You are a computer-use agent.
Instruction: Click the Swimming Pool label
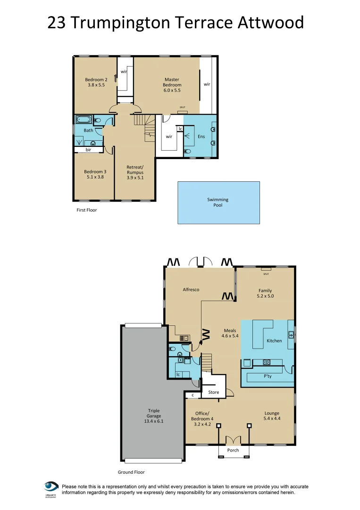(x=218, y=203)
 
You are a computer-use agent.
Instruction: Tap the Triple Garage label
(x=154, y=414)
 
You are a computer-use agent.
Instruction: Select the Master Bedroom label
(x=172, y=83)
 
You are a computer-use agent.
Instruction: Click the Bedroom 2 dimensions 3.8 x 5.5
(x=96, y=85)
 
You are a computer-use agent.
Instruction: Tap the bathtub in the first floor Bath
(x=84, y=120)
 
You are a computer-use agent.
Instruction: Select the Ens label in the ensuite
(x=201, y=136)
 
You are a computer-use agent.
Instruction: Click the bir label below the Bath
(x=88, y=150)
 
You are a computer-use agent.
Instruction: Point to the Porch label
(x=233, y=450)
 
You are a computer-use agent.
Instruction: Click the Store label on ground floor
(x=213, y=392)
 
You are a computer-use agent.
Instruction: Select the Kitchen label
(x=274, y=340)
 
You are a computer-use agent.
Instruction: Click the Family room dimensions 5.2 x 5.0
(x=265, y=297)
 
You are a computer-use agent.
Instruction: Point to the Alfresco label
(x=191, y=289)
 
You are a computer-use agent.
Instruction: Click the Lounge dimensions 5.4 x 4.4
(x=271, y=419)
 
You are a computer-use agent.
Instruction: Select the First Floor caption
(x=86, y=210)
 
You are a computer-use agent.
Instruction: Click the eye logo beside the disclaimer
(x=51, y=487)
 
